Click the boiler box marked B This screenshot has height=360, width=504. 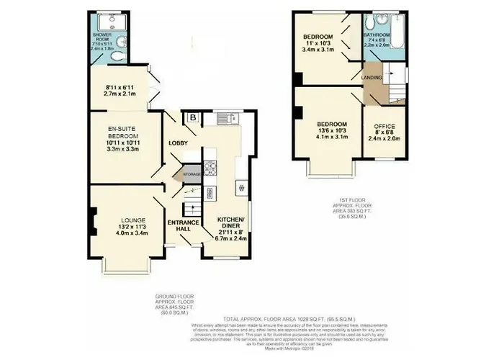pyautogui.click(x=192, y=118)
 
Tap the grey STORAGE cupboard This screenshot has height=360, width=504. pyautogui.click(x=189, y=174)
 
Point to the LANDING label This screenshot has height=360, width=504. pyautogui.click(x=372, y=77)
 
